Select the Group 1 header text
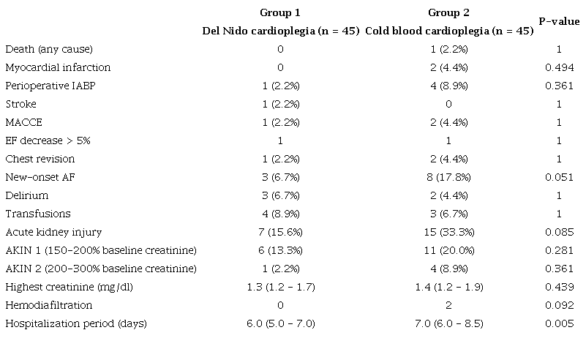click(x=280, y=13)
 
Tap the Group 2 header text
click(x=448, y=13)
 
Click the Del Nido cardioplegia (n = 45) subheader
click(x=280, y=31)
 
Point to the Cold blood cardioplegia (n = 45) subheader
click(x=448, y=31)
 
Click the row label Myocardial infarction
click(x=58, y=67)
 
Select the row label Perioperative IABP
click(x=51, y=86)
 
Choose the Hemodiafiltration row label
click(x=46, y=305)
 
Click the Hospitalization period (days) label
click(x=76, y=323)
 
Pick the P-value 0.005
click(x=559, y=323)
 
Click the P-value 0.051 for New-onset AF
click(x=559, y=177)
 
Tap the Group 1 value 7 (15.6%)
click(x=280, y=232)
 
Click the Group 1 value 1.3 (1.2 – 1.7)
click(x=280, y=287)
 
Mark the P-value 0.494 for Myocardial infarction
click(x=559, y=67)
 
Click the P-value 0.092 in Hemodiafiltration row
click(x=559, y=305)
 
